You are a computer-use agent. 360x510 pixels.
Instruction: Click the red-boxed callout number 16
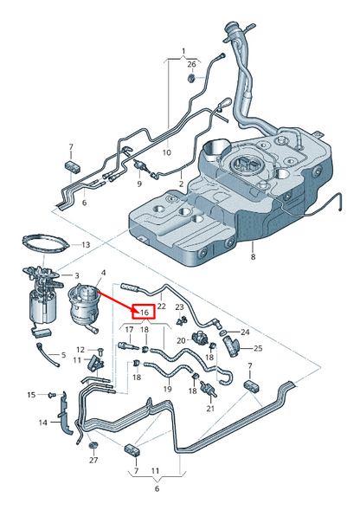[x=143, y=311]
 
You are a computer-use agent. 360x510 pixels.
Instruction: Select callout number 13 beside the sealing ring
[x=85, y=245]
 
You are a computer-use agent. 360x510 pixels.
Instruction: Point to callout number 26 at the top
[x=191, y=63]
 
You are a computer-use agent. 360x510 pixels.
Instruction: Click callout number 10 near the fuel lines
[x=167, y=152]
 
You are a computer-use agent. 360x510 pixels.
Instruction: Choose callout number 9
[x=138, y=184]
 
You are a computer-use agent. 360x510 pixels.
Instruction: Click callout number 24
[x=245, y=332]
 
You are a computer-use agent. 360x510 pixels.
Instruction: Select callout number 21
[x=210, y=407]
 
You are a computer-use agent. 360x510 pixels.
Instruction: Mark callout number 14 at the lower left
[x=42, y=423]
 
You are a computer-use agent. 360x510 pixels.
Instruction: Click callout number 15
[x=31, y=395]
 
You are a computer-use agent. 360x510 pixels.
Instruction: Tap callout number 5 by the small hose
[x=61, y=356]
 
